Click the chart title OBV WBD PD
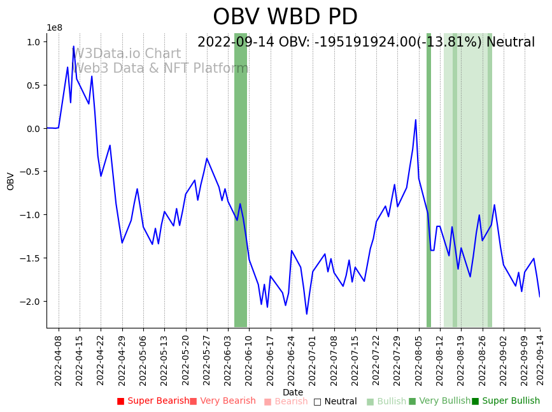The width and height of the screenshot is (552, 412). click(285, 17)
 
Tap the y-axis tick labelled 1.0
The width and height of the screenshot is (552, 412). click(33, 42)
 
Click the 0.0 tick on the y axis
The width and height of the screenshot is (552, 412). click(33, 129)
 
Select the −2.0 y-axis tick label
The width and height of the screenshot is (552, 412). click(31, 302)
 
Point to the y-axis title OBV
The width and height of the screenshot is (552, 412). click(11, 181)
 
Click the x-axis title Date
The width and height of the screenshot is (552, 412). click(293, 393)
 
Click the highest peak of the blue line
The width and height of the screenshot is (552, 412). click(73, 47)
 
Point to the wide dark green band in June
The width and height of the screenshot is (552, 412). click(241, 180)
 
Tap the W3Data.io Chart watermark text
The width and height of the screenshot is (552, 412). click(127, 54)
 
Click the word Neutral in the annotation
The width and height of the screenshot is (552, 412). click(511, 43)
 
